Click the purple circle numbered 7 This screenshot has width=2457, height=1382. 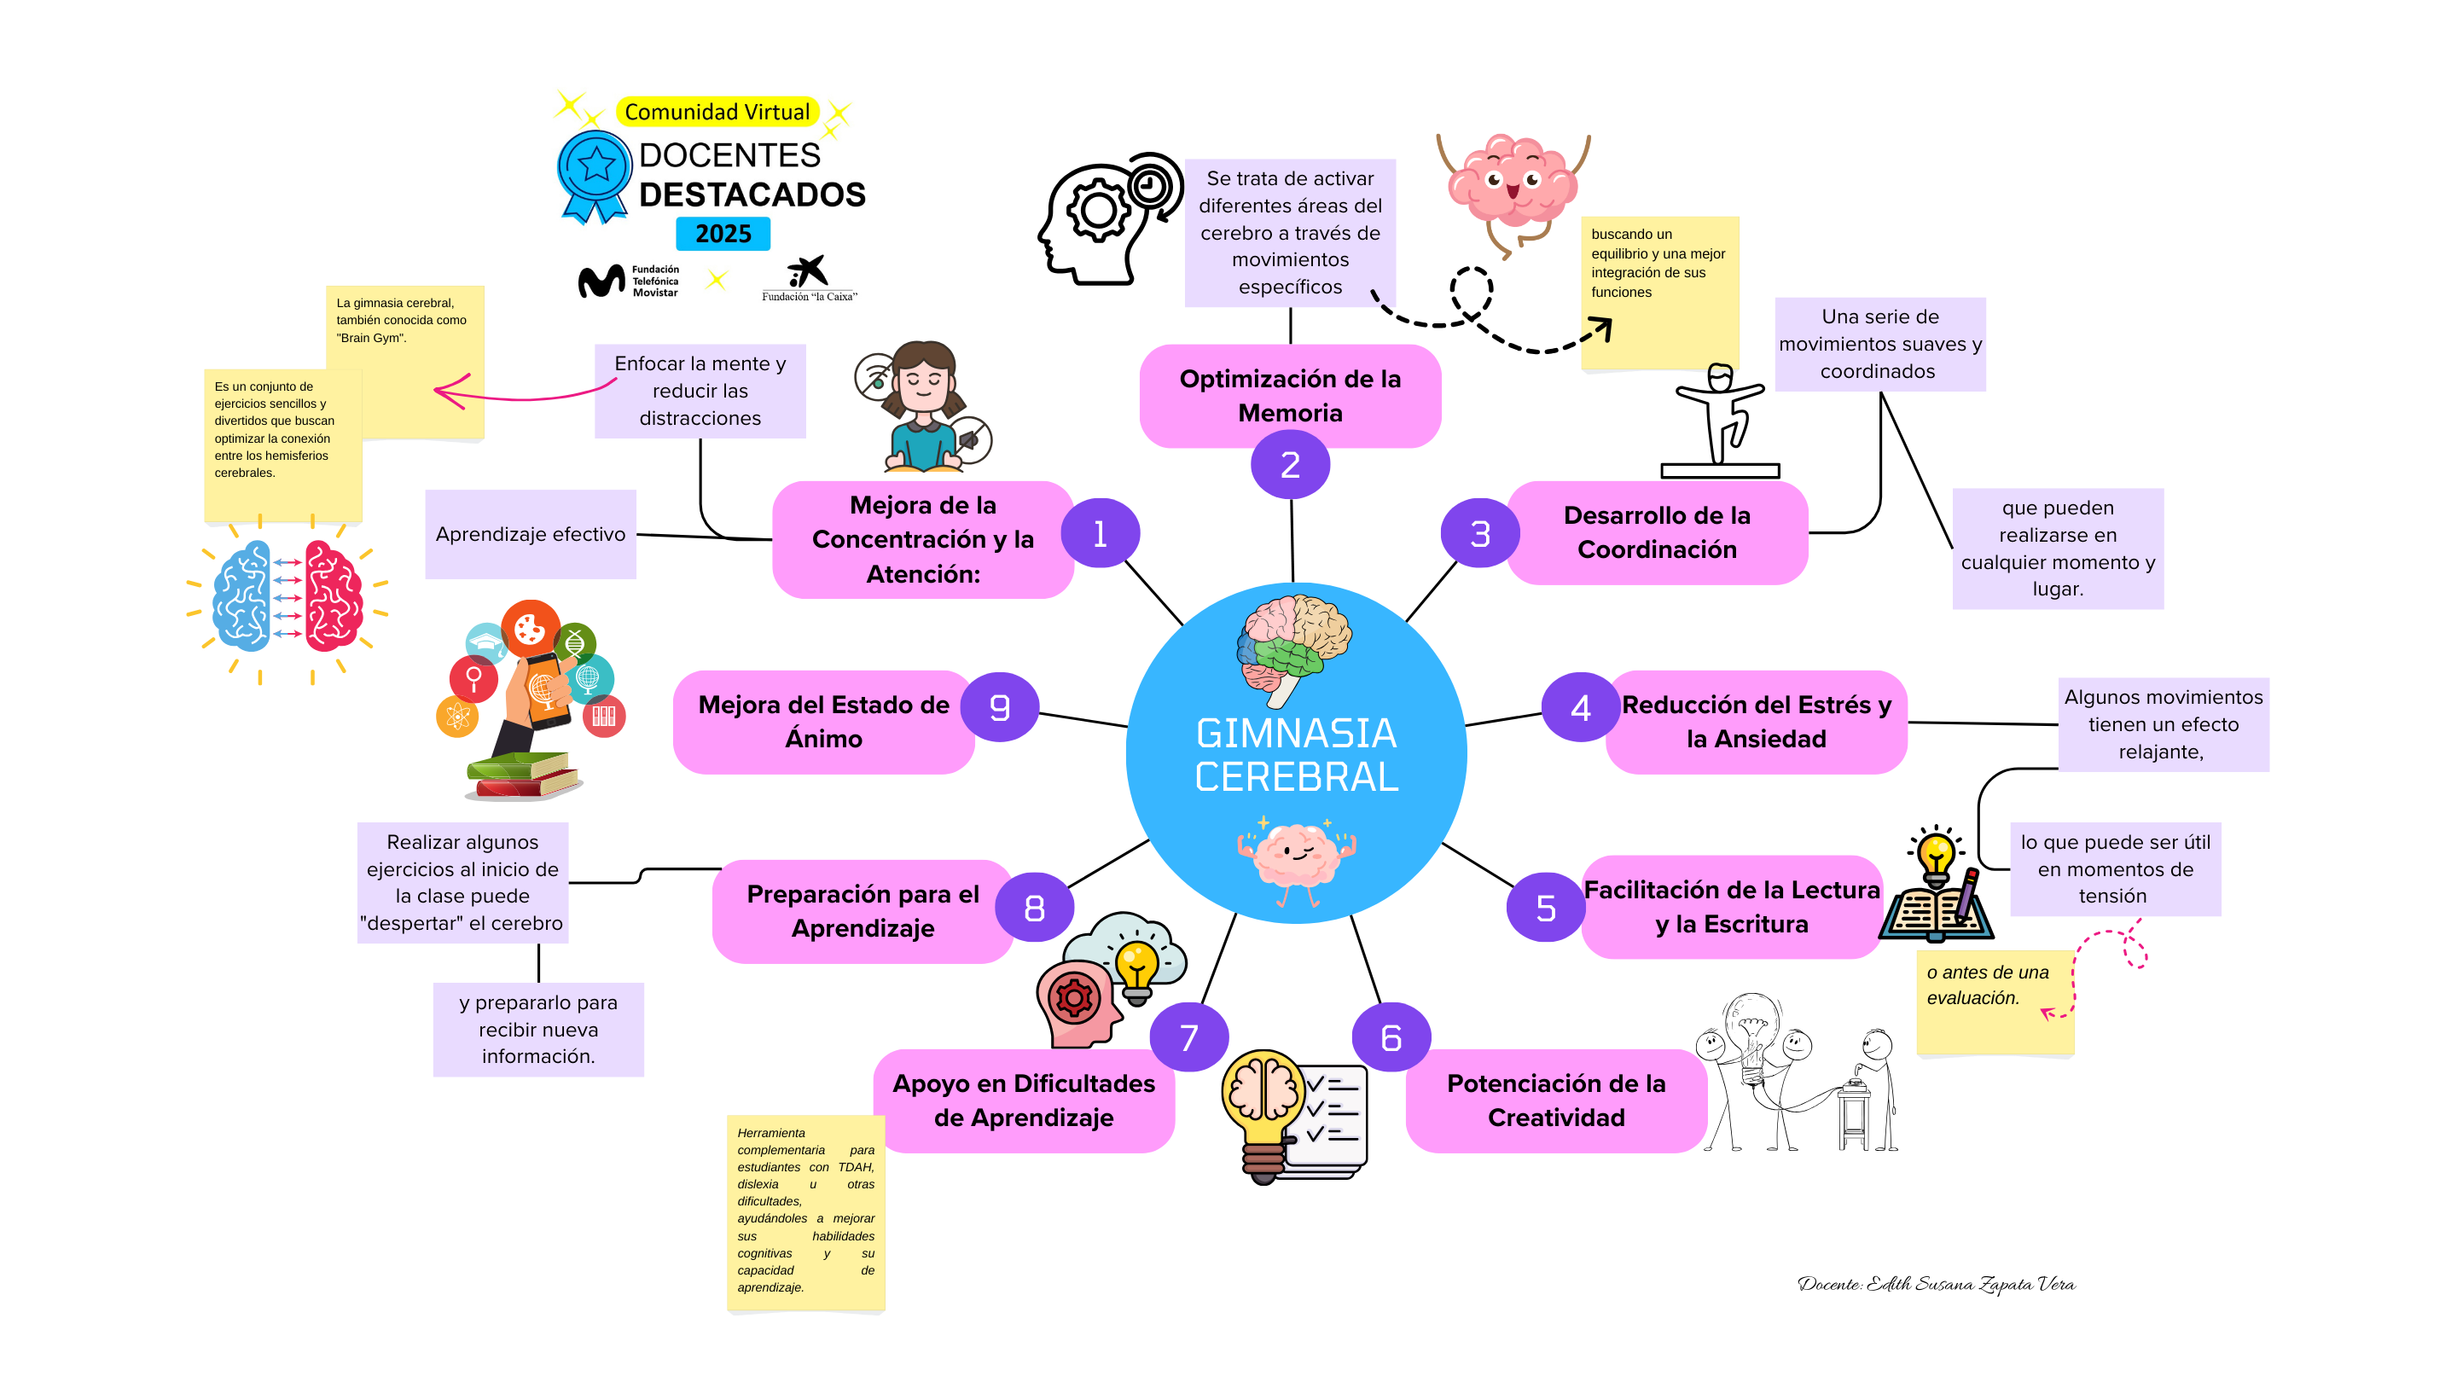[1188, 1036]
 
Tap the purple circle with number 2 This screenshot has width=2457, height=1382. [1290, 464]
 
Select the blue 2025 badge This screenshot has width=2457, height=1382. [723, 234]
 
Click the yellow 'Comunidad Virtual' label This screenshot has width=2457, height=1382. [717, 112]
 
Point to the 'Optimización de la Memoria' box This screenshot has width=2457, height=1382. [1290, 395]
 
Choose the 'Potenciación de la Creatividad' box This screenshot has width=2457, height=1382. [1555, 1100]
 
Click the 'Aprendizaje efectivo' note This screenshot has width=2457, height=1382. [531, 534]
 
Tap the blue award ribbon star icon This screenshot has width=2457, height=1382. [595, 169]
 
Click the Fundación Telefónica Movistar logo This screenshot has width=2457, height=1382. [629, 282]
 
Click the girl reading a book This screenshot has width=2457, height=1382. [922, 409]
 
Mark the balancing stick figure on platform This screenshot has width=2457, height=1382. [1720, 420]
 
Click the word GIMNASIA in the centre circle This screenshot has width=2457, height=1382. [1296, 734]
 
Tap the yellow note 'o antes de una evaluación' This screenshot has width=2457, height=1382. [1995, 1002]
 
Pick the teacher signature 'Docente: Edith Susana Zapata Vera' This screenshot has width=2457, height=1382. [1937, 1284]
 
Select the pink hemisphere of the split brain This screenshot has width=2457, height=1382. [333, 596]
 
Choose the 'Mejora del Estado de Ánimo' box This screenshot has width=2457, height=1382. [823, 721]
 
